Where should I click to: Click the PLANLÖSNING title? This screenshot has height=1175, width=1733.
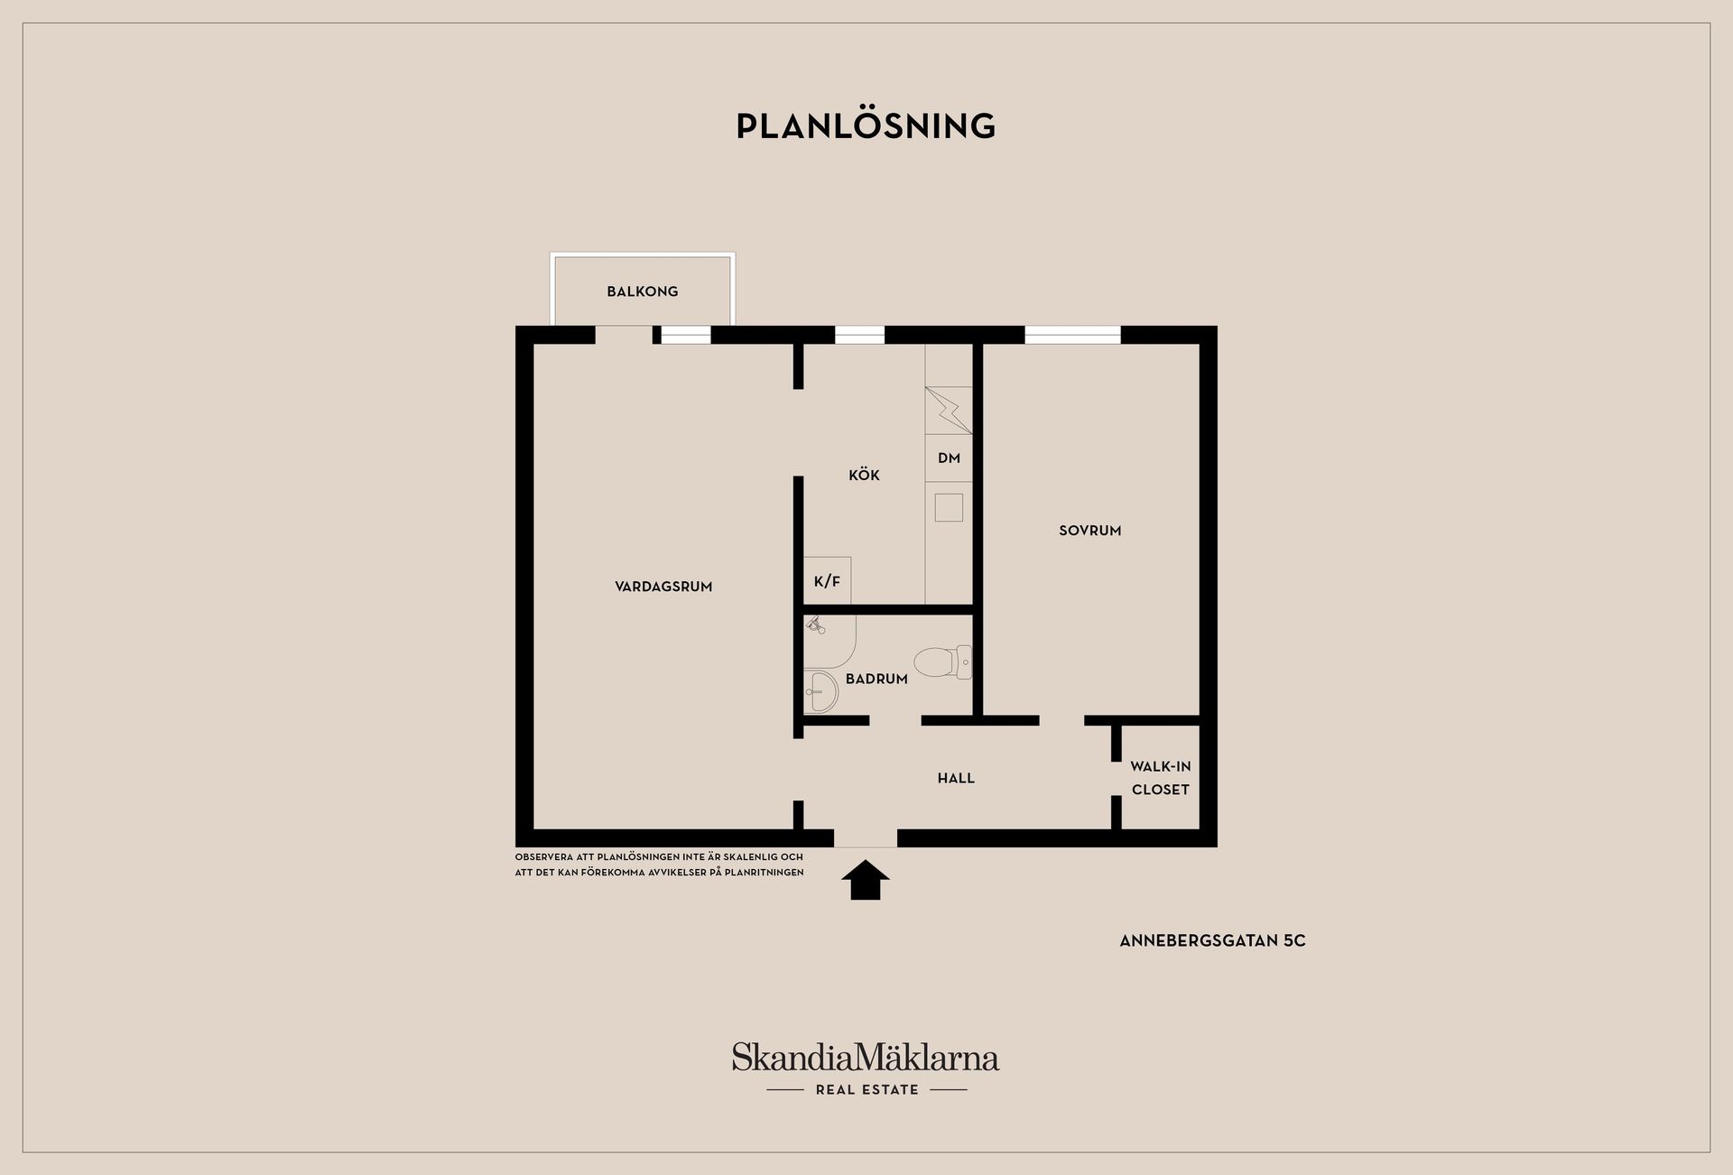pos(866,125)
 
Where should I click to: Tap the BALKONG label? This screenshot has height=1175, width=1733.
pos(642,291)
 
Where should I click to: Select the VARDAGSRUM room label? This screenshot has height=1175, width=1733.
pos(663,587)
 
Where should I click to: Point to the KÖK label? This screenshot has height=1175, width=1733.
pos(864,475)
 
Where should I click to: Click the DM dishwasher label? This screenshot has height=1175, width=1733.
pos(949,458)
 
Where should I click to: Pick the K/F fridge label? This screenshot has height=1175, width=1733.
pos(827,581)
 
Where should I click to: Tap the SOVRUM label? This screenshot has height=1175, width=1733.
pos(1090,531)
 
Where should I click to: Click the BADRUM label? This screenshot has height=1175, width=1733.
pos(876,679)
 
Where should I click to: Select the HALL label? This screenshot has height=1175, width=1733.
pos(956,778)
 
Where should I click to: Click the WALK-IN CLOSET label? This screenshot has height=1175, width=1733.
pos(1161,778)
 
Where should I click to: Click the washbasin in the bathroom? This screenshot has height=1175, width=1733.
pos(820,692)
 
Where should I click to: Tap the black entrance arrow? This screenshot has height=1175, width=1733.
pos(866,880)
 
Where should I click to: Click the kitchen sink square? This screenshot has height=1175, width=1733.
pos(949,507)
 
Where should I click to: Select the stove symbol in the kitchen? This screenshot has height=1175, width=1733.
pos(949,411)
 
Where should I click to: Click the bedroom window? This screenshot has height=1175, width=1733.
pos(1072,335)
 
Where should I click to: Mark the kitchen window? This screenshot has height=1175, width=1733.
pos(859,335)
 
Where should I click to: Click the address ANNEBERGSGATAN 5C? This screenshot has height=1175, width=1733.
pos(1212,940)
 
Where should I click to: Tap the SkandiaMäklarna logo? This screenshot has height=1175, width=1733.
pos(866,1057)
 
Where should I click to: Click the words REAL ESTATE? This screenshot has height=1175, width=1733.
pos(866,1090)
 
